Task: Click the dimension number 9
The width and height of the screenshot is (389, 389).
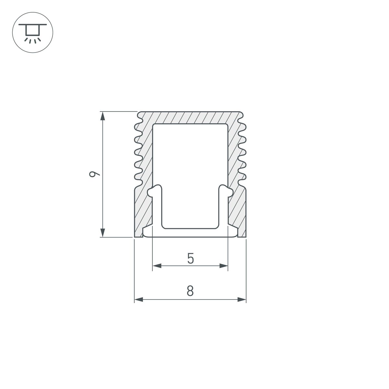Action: (95, 174)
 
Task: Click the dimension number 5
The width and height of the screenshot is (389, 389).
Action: (190, 259)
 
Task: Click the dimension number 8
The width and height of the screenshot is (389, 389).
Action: (190, 291)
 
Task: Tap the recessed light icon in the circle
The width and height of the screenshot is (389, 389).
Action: (32, 32)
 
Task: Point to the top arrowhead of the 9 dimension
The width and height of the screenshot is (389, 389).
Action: (103, 116)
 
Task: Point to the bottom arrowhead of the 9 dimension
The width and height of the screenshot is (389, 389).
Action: (103, 232)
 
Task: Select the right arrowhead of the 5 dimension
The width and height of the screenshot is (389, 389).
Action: (224, 266)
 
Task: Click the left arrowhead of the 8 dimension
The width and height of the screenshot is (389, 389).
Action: (139, 300)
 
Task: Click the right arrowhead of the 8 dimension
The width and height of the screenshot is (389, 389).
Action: (242, 300)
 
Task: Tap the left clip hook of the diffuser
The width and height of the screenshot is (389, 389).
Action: (155, 191)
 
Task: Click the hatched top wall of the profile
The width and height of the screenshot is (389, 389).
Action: (190, 118)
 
